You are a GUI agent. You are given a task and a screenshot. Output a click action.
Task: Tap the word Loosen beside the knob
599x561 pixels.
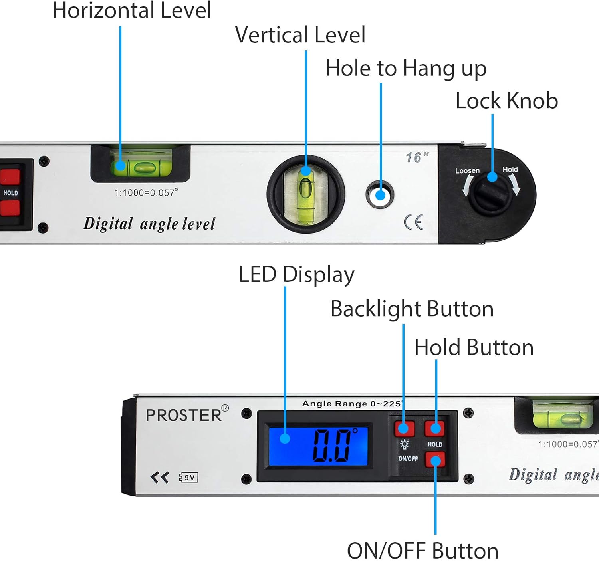(x=467, y=171)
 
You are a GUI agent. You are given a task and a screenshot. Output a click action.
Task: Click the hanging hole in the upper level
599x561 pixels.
(x=380, y=195)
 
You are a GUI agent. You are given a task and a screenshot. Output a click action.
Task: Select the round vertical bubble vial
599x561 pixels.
(x=305, y=194)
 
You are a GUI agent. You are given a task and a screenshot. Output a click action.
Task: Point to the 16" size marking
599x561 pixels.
(x=417, y=157)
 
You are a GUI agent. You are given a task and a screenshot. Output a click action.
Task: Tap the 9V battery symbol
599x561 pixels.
(x=188, y=477)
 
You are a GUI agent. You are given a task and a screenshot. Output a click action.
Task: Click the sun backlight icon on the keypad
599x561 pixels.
(x=404, y=444)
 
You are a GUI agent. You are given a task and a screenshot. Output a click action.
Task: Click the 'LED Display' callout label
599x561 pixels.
(x=296, y=275)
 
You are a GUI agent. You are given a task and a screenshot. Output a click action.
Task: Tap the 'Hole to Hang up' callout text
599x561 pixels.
(x=406, y=68)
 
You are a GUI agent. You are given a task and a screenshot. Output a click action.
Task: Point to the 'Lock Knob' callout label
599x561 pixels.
(x=506, y=101)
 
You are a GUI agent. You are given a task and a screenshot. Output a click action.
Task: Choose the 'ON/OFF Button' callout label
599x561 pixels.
(x=422, y=551)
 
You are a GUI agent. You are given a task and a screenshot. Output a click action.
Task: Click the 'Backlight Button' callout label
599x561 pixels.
(x=412, y=309)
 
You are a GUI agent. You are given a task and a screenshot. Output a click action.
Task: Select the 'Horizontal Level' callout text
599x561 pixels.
(x=132, y=10)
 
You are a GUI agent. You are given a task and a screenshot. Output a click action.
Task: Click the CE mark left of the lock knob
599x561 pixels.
(x=413, y=222)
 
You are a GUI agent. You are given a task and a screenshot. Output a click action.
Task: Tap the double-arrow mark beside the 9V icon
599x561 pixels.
(x=160, y=477)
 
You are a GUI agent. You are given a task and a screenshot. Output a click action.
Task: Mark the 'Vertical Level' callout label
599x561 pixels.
(x=300, y=35)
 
